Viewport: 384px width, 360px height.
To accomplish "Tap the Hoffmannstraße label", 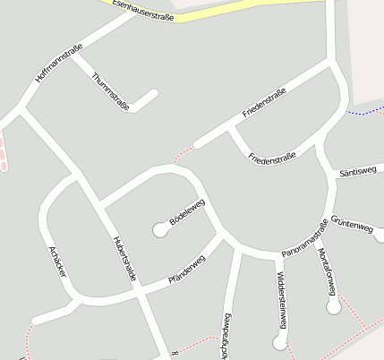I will pos(59,63).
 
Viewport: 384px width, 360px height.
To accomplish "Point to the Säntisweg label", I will pos(358,172).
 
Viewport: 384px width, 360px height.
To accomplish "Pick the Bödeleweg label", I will pos(187,211).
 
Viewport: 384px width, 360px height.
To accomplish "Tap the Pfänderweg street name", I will pos(186,271).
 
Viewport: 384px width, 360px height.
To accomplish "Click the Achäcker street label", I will pos(58,261).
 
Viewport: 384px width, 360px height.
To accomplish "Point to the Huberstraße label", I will pos(124,259).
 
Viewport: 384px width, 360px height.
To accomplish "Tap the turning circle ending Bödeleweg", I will pos(161,230).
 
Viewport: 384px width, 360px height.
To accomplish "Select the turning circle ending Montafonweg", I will pos(334,307).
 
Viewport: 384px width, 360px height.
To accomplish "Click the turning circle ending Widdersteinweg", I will pos(280,341).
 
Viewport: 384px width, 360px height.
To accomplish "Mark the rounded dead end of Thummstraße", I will pos(155,92).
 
